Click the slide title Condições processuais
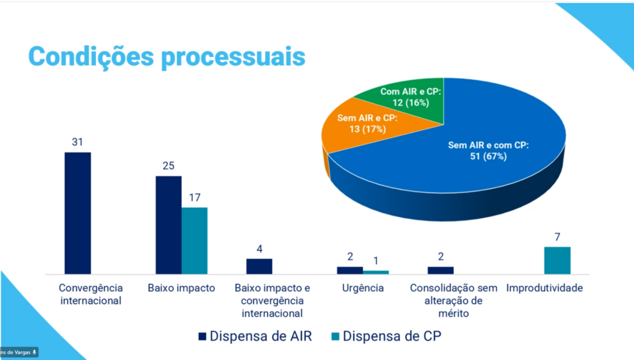coord(167,55)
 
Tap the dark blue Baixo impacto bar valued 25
coord(168,224)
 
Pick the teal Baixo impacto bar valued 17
coord(194,240)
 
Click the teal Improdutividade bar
coord(557,260)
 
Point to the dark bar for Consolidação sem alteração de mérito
coord(440,270)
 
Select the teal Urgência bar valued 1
coord(376,272)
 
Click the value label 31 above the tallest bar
coord(77,142)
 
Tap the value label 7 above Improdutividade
coord(557,237)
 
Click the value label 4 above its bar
coord(259,248)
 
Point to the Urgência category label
coord(363,288)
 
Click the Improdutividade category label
coord(544,288)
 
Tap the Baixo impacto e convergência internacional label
coord(272,301)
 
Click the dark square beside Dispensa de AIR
coord(201,337)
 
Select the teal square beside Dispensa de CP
coord(334,337)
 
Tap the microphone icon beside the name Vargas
coord(34,352)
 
